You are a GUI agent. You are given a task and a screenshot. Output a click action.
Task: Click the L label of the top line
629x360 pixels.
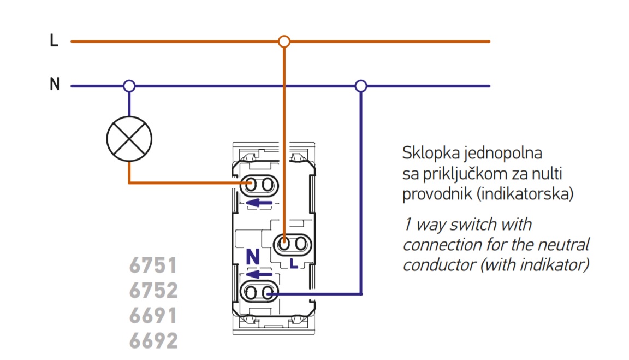pos(54,41)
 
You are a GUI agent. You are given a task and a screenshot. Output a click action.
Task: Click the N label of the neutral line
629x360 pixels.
pos(54,85)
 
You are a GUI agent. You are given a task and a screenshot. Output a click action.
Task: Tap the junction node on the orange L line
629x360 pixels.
pos(283,41)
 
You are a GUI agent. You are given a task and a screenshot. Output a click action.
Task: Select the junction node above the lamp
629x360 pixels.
pos(129,86)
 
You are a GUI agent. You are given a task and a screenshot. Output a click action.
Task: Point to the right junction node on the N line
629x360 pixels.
pos(360,86)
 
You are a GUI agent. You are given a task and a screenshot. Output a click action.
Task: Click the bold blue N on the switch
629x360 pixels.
pos(252,256)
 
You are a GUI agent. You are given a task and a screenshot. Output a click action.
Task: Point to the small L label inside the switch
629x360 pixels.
pos(293,264)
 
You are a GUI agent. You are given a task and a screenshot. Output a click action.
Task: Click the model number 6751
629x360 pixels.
pos(153,266)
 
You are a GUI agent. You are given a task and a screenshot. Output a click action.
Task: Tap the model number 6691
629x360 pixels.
pos(153,316)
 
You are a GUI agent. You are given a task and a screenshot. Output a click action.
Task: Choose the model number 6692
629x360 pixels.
pos(153,341)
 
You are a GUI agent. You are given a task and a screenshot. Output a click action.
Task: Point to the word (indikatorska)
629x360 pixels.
pos(525,193)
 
